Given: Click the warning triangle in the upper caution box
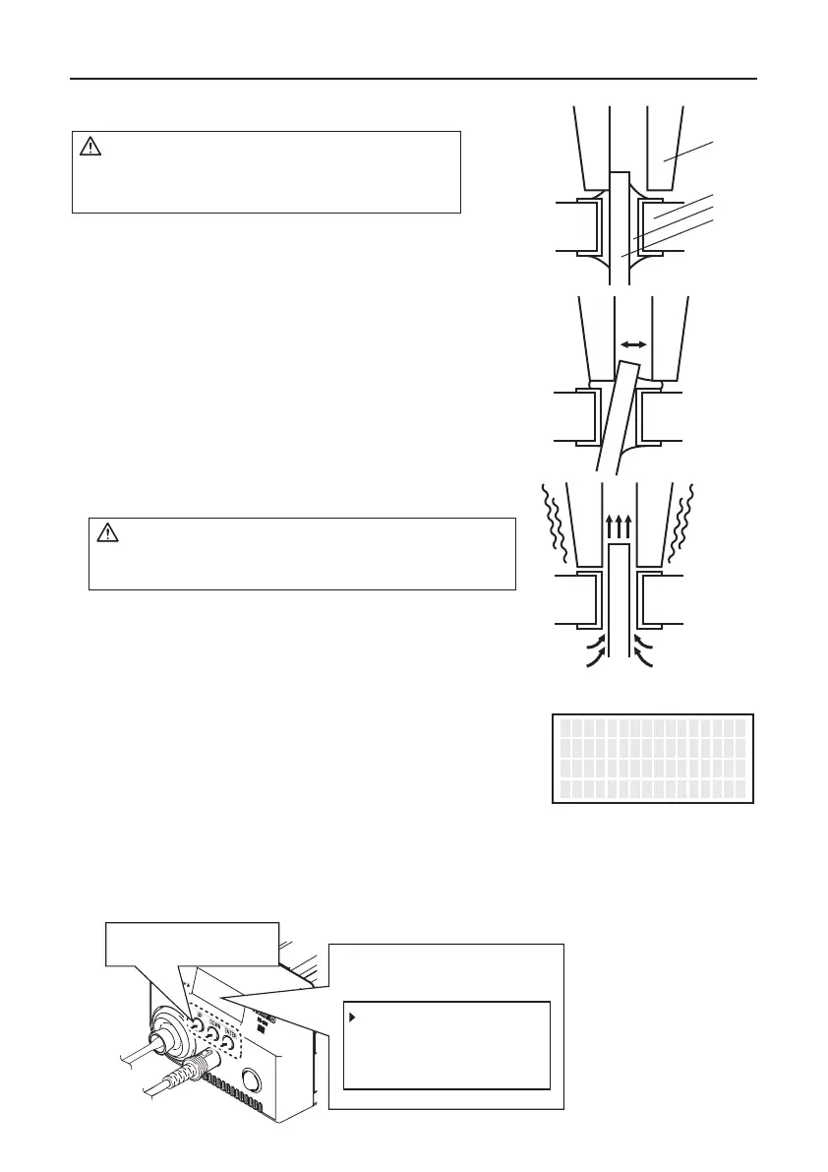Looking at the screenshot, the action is coord(89,148).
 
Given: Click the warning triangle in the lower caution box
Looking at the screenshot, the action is coord(106,534).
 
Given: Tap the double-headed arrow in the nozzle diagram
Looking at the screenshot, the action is coord(632,344).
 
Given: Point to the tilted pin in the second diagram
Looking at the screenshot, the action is coord(613,413).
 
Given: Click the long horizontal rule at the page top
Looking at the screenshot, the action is coord(414,79).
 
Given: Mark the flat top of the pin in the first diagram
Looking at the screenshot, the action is coord(620,172).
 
